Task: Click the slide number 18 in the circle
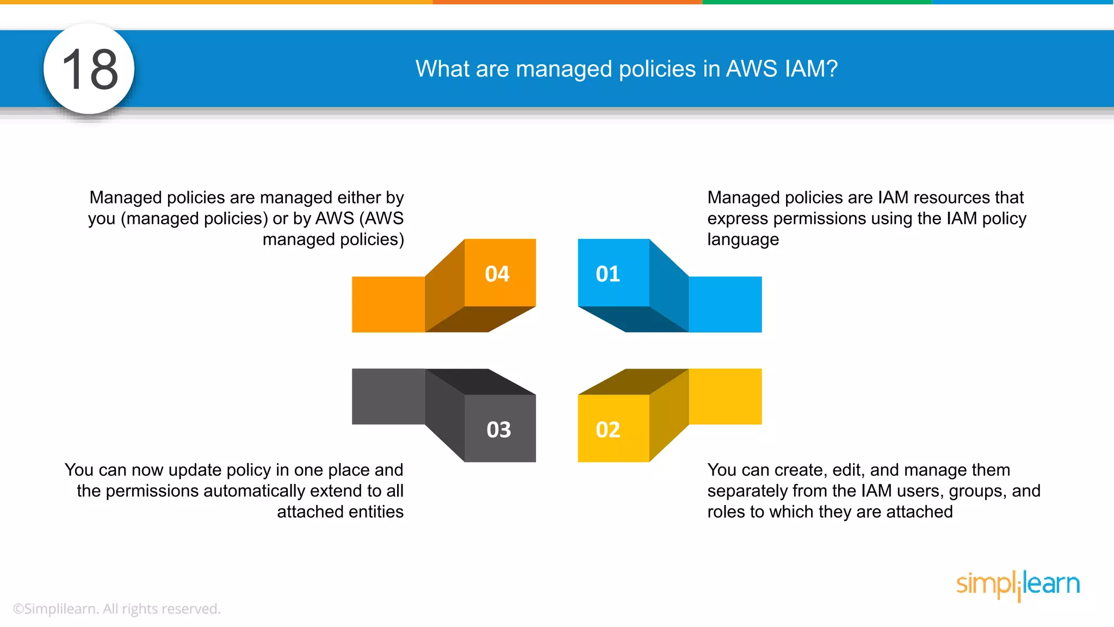point(90,69)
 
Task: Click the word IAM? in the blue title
point(811,69)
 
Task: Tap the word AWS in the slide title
point(752,69)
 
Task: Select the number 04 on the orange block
point(497,274)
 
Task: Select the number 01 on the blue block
point(608,274)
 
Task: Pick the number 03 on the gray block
point(499,430)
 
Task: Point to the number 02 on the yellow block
point(608,430)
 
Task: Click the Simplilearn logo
point(1018,585)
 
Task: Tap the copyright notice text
point(116,608)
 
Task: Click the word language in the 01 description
point(743,239)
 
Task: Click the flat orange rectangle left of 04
point(388,304)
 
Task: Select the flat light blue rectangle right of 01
point(725,304)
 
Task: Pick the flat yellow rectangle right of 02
point(725,396)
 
